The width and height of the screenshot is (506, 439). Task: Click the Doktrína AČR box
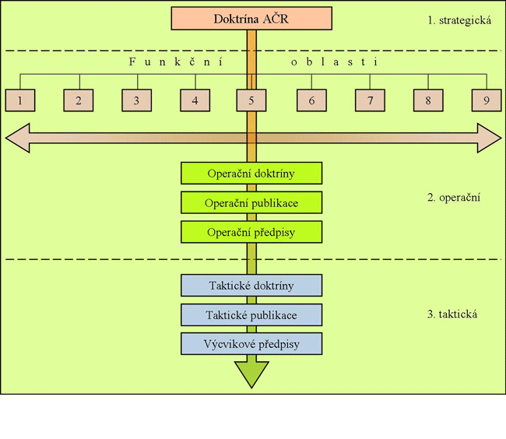[x=251, y=19]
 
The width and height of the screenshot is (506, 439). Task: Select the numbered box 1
[x=19, y=100]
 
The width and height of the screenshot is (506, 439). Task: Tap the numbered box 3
[x=136, y=100]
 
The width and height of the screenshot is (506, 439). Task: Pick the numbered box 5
[x=251, y=100]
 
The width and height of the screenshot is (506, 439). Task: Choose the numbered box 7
[x=371, y=100]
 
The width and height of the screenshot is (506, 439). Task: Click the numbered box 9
[x=487, y=100]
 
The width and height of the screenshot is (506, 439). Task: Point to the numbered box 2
[x=79, y=100]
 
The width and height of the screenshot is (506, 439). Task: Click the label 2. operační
[x=454, y=197]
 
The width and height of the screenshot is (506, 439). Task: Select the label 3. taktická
[x=452, y=314]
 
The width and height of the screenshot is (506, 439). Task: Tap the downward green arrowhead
[x=251, y=375]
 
